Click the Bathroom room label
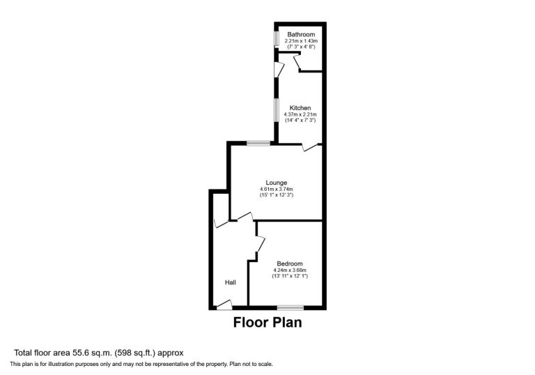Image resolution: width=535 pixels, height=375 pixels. [301, 34]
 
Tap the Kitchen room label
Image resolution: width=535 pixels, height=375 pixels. [300, 108]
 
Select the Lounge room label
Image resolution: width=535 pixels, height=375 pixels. [277, 183]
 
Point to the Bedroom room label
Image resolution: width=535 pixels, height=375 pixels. [290, 263]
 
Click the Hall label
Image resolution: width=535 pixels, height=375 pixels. [231, 282]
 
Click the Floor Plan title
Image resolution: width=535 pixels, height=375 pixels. [267, 323]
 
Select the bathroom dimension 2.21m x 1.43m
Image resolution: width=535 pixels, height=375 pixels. [301, 41]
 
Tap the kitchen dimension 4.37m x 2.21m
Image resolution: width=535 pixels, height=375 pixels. [300, 114]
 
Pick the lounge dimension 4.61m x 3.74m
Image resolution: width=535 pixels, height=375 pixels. [277, 189]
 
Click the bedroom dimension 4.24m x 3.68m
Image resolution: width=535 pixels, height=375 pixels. [290, 270]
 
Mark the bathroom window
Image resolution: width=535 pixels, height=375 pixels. [277, 38]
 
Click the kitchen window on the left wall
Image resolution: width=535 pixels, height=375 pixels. [277, 110]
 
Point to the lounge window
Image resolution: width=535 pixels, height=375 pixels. [258, 143]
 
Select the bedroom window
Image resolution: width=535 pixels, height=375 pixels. [290, 307]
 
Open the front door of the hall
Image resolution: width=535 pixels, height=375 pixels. [224, 305]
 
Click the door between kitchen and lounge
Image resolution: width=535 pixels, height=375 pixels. [310, 147]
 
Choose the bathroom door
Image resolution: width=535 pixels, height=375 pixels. [296, 61]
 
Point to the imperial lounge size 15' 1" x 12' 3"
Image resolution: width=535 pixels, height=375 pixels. [277, 195]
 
